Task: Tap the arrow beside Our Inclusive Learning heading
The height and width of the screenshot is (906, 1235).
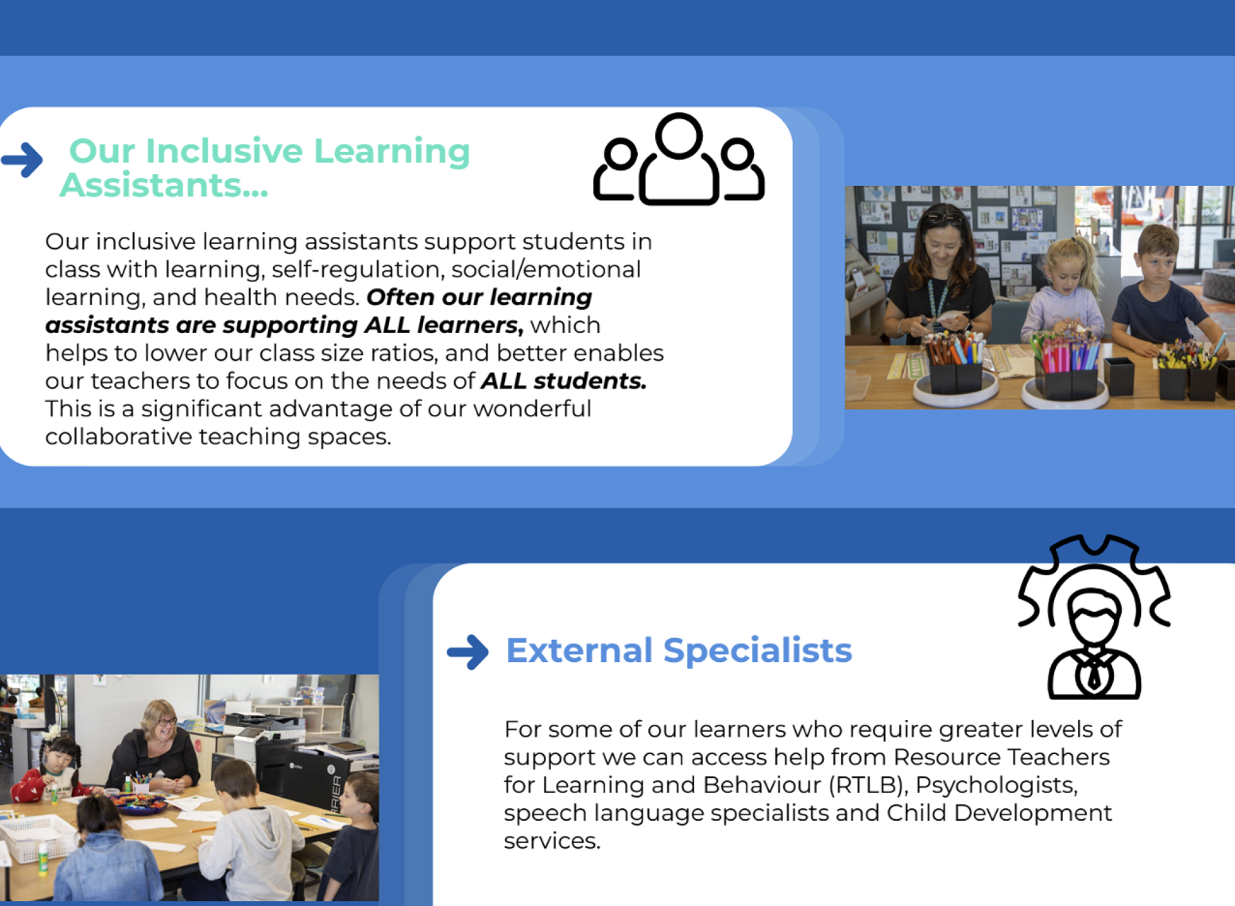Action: point(22,160)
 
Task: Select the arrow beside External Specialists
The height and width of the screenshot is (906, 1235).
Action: point(468,652)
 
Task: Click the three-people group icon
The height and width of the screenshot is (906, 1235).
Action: point(679,159)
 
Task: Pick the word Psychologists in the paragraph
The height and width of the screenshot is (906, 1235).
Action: point(996,785)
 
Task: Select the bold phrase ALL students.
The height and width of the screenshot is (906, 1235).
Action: point(564,381)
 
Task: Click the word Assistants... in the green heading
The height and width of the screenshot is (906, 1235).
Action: point(164,185)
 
